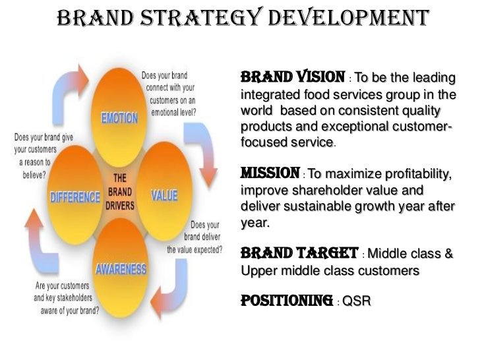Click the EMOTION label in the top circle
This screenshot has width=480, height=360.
point(119,119)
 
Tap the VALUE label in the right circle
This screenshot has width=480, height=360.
point(164,196)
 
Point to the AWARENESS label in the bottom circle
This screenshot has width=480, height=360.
point(121,270)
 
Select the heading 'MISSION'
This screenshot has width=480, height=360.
point(270,174)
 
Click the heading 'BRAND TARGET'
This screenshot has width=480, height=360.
point(300,253)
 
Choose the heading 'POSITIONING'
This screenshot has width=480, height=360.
point(286,301)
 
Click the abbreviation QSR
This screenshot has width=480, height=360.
point(357,303)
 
